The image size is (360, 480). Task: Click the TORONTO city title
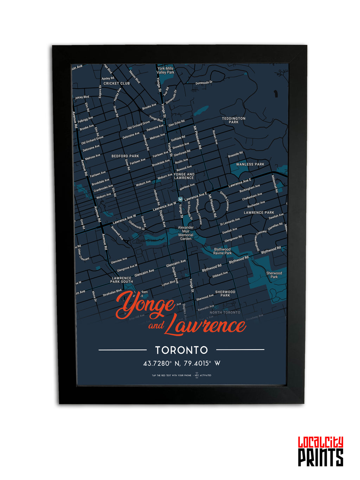[x=181, y=350]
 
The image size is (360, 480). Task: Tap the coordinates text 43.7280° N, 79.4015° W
[x=181, y=363]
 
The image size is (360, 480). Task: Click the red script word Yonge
[x=145, y=305]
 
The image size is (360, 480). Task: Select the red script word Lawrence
[x=205, y=325]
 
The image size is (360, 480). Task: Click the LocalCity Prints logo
[x=320, y=452]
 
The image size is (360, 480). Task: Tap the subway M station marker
[x=180, y=199]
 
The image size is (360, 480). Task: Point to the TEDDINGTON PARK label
[x=233, y=120]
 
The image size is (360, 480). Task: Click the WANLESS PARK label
[x=250, y=164]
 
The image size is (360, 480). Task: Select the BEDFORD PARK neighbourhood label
[x=125, y=156]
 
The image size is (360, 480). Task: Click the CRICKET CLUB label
[x=116, y=84]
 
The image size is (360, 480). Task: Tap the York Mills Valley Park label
[x=165, y=70]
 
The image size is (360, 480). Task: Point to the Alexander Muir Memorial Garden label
[x=186, y=233]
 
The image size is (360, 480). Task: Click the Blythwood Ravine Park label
[x=223, y=251]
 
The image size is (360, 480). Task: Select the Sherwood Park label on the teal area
[x=274, y=275]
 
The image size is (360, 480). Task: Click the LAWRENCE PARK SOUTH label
[x=122, y=280]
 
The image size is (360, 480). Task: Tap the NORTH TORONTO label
[x=225, y=312]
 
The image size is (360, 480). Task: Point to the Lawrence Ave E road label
[x=239, y=183]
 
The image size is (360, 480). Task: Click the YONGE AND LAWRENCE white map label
[x=184, y=176]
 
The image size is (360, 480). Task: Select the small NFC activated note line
[x=181, y=375]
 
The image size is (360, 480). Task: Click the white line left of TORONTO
[x=122, y=350]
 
